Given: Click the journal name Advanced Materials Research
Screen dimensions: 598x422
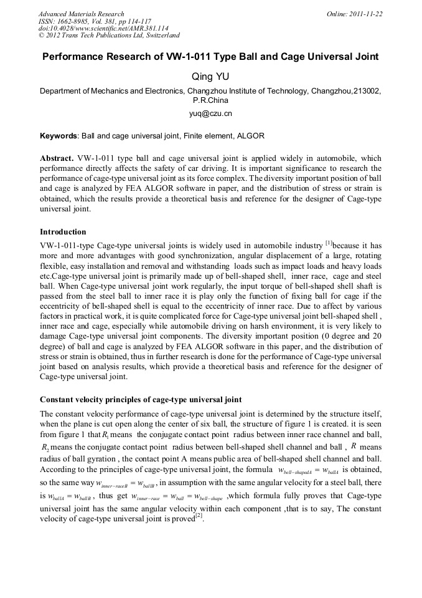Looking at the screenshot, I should (81, 14).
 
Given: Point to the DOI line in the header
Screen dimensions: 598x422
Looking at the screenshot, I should (95, 29).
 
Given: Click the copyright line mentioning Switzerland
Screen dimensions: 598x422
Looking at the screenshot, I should (109, 36).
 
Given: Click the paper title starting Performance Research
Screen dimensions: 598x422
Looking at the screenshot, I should (210, 57).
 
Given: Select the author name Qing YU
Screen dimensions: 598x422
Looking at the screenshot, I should (210, 76).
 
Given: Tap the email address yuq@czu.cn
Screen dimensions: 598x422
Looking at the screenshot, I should (210, 114).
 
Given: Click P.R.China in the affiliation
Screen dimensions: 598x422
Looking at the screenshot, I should (210, 100).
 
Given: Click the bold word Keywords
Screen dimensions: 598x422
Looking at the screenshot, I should (59, 135).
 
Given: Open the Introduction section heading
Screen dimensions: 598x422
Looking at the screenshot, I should (63, 231).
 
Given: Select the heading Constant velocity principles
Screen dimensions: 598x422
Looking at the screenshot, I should (141, 399).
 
